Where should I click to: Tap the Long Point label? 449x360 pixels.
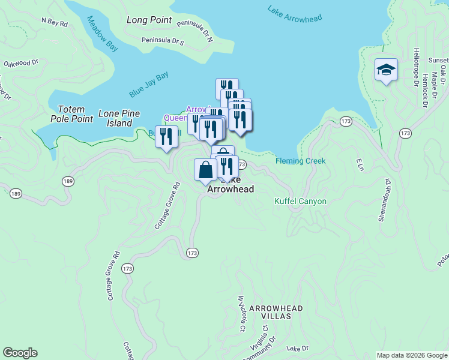(x=149, y=20)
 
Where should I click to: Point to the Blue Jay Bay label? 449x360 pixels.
(x=148, y=85)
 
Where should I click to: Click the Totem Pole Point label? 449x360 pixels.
(x=76, y=114)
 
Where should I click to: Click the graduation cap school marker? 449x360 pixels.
(x=386, y=70)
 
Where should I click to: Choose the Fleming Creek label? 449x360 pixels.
(x=300, y=161)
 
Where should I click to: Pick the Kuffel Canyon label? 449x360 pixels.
(x=300, y=202)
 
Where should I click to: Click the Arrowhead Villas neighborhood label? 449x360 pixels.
(x=276, y=312)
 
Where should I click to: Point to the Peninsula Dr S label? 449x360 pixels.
(x=163, y=41)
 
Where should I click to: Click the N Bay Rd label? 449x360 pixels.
(x=54, y=21)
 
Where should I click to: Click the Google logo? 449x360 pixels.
(x=20, y=353)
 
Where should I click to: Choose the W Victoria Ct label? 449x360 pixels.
(x=242, y=314)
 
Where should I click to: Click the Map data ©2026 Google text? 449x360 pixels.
(x=411, y=355)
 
